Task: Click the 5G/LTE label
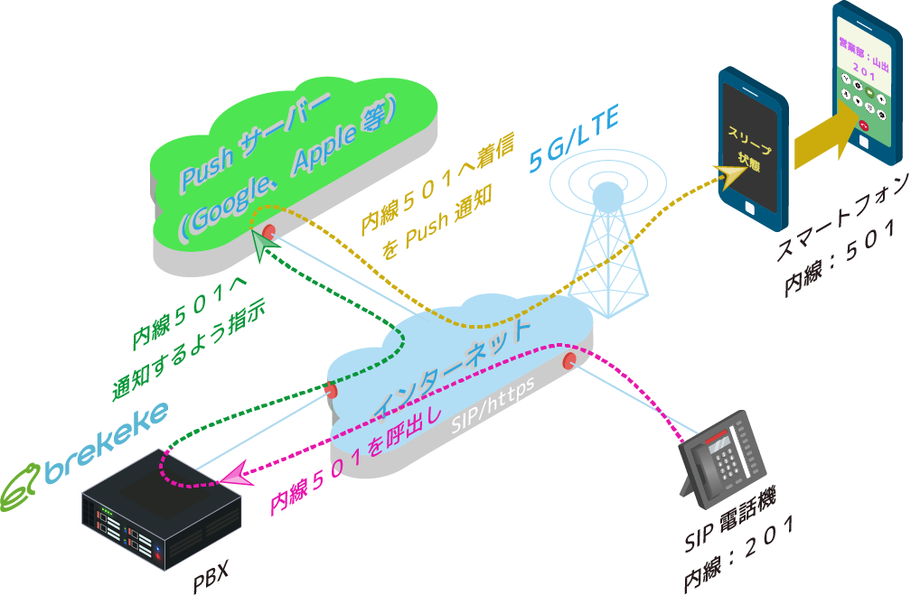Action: (573, 142)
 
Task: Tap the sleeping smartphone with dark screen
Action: (749, 144)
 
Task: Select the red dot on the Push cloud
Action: (269, 230)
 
